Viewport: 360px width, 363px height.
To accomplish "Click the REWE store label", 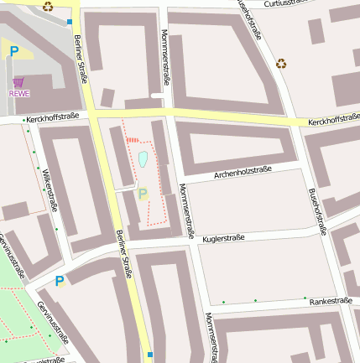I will [19, 93].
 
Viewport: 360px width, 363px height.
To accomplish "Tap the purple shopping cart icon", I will [18, 82].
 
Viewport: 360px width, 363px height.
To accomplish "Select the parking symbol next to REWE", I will [13, 52].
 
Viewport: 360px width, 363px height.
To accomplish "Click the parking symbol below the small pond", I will [143, 194].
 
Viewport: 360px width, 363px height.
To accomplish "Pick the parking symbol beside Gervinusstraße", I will [59, 282].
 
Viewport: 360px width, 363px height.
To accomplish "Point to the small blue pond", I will [143, 158].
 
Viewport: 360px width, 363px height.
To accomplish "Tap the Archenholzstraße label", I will [243, 174].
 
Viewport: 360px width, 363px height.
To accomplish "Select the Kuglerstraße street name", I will [223, 238].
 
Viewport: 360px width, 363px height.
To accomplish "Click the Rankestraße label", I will [330, 300].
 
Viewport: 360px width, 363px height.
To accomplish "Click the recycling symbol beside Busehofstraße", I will [281, 63].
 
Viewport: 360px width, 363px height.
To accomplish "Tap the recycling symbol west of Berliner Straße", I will [48, 7].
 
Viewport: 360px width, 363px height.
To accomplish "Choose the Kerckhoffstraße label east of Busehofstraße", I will [333, 123].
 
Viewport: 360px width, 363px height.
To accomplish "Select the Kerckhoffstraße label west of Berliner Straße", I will [52, 117].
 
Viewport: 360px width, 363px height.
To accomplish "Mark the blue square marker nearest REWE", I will [70, 22].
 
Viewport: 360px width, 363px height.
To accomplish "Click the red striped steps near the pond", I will [132, 141].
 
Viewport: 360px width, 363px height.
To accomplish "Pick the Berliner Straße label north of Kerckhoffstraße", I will [81, 60].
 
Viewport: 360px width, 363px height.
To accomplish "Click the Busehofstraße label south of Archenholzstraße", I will [317, 210].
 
